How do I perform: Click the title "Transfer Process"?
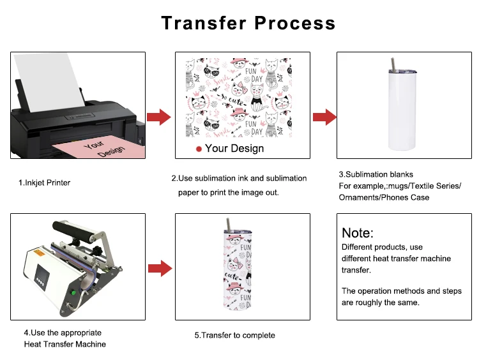248,23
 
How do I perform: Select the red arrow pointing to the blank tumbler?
324,117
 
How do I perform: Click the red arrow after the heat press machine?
159,268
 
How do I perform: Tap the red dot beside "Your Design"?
199,149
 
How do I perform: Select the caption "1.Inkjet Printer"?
44,183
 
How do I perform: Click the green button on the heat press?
73,293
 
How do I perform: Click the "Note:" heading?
358,233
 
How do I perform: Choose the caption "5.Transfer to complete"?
234,335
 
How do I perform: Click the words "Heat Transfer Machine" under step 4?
65,344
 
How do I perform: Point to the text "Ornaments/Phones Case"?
384,197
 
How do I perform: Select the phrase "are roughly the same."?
381,303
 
